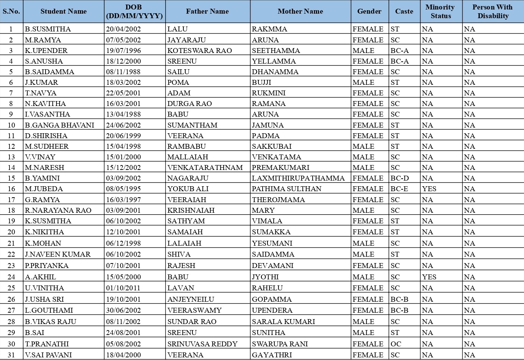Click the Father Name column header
pyautogui.click(x=207, y=11)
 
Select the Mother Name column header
pyautogui.click(x=300, y=11)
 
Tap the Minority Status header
pyautogui.click(x=441, y=11)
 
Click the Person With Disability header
pyautogui.click(x=493, y=11)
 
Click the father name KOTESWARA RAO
pyautogui.click(x=200, y=50)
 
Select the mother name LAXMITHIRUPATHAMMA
pyautogui.click(x=298, y=178)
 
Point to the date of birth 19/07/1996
pyautogui.click(x=124, y=50)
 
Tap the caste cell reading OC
pyautogui.click(x=396, y=344)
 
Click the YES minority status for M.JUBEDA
pyautogui.click(x=429, y=189)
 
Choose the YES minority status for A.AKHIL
pyautogui.click(x=429, y=277)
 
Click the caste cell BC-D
pyautogui.click(x=400, y=178)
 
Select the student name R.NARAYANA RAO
pyautogui.click(x=58, y=210)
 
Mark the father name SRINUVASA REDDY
pyautogui.click(x=202, y=344)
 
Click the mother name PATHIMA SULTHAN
pyautogui.click(x=286, y=189)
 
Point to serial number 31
pyautogui.click(x=11, y=355)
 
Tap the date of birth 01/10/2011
pyautogui.click(x=124, y=288)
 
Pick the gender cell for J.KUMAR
pyautogui.click(x=363, y=82)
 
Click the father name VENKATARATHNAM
pyautogui.click(x=205, y=167)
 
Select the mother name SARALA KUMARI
pyautogui.click(x=283, y=321)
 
